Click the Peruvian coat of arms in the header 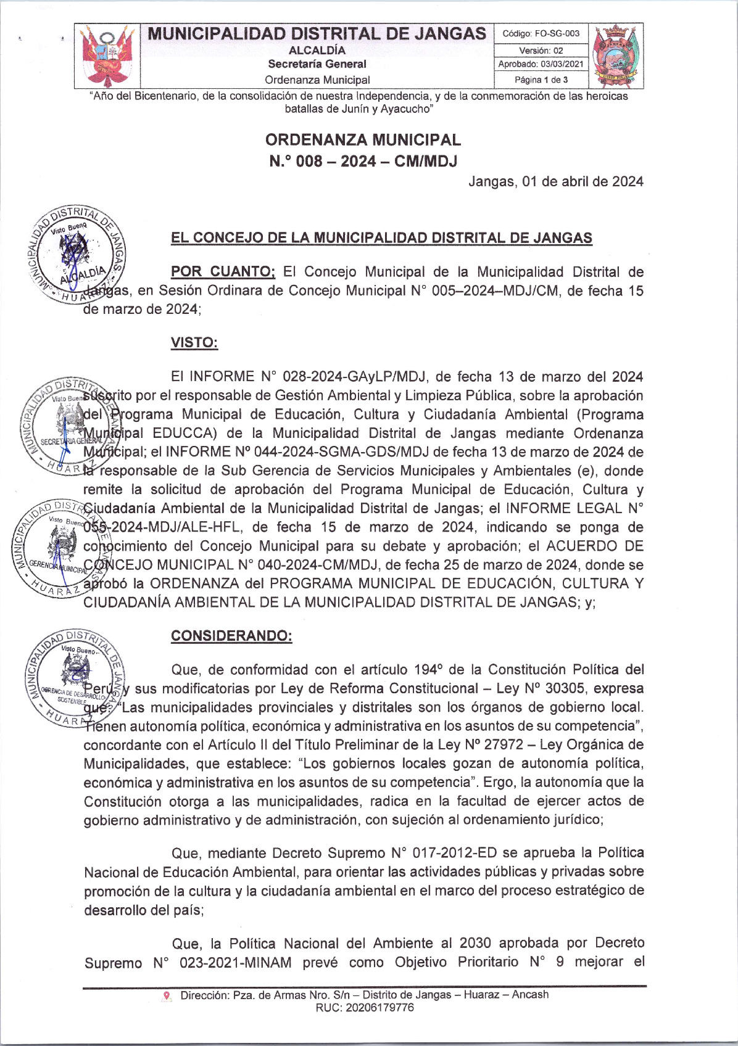(107, 56)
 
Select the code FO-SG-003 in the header (541, 34)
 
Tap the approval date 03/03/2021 (541, 64)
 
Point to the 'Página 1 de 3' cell (541, 80)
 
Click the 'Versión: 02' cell (541, 51)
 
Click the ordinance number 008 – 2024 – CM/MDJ (363, 162)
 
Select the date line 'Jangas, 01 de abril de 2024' (555, 182)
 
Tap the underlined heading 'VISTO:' (194, 343)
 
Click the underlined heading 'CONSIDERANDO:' (231, 636)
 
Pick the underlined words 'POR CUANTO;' (223, 272)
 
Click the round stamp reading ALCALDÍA (77, 254)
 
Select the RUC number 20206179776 (365, 1008)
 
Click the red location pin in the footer (167, 995)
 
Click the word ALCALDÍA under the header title (317, 51)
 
